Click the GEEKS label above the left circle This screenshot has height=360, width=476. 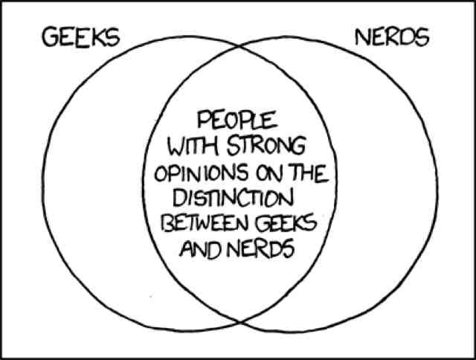coord(81,38)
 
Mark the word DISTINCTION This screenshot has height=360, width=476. coord(233,199)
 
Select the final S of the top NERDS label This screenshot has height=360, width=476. coord(422,36)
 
